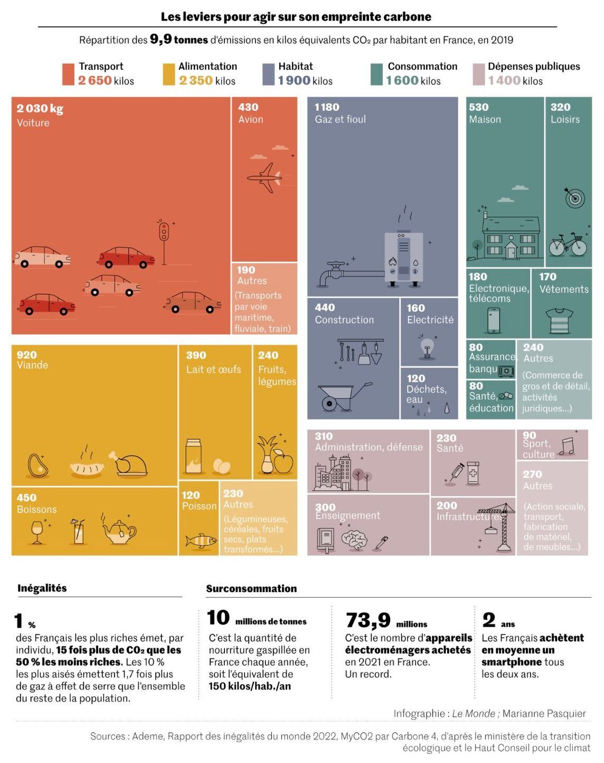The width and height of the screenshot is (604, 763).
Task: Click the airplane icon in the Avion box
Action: coord(264,178)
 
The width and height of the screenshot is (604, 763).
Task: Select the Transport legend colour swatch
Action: coord(68,74)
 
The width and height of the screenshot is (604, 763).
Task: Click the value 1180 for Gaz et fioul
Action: coord(327,107)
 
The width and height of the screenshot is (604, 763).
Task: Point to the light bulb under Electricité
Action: coord(427,348)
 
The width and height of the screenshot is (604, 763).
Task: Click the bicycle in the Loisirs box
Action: coord(568,244)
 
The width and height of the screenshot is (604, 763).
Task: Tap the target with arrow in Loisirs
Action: coord(574,197)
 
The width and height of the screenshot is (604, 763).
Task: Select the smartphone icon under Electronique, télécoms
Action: coord(493,320)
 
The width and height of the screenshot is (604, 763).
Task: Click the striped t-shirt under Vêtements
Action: coord(559,321)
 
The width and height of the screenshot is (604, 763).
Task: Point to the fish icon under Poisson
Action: coord(201,541)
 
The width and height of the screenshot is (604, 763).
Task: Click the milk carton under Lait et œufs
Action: coord(193,456)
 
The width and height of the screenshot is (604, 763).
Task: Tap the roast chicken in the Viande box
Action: coord(128,464)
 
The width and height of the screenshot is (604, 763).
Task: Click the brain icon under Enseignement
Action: coord(354,540)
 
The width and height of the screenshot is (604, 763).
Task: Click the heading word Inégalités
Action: coord(42,588)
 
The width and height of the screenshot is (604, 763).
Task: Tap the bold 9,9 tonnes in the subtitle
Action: coord(179,39)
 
